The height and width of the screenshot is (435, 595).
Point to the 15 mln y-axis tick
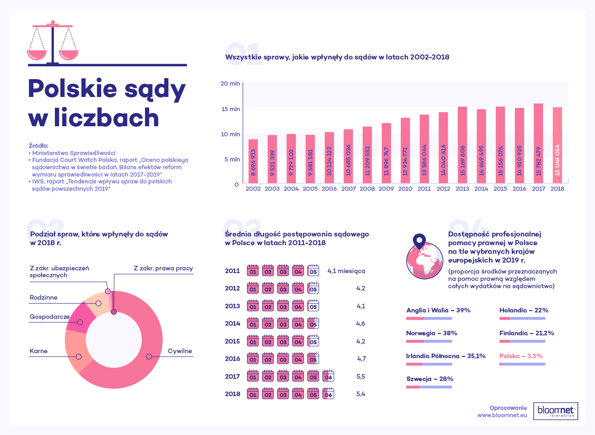pos(231,109)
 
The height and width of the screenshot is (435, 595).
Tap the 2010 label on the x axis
pos(405,189)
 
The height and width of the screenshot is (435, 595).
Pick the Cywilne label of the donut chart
pos(180,351)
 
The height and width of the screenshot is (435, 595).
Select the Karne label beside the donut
pos(38,351)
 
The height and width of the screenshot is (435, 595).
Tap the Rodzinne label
pos(43,298)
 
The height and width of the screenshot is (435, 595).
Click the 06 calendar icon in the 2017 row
pos(328,376)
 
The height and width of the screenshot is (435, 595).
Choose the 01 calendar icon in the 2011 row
pos(253,271)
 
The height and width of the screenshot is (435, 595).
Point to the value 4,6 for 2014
pos(360,323)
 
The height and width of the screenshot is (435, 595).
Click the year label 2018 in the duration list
pos(232,394)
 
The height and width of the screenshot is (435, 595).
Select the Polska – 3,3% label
pos(521,356)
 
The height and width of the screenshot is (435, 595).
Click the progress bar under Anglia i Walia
pos(429,318)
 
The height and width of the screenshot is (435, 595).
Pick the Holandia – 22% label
pos(524,310)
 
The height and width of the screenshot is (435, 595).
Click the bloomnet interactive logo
pos(556,411)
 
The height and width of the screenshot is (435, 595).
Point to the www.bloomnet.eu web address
pos(502,415)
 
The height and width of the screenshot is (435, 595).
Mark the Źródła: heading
pos(38,145)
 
